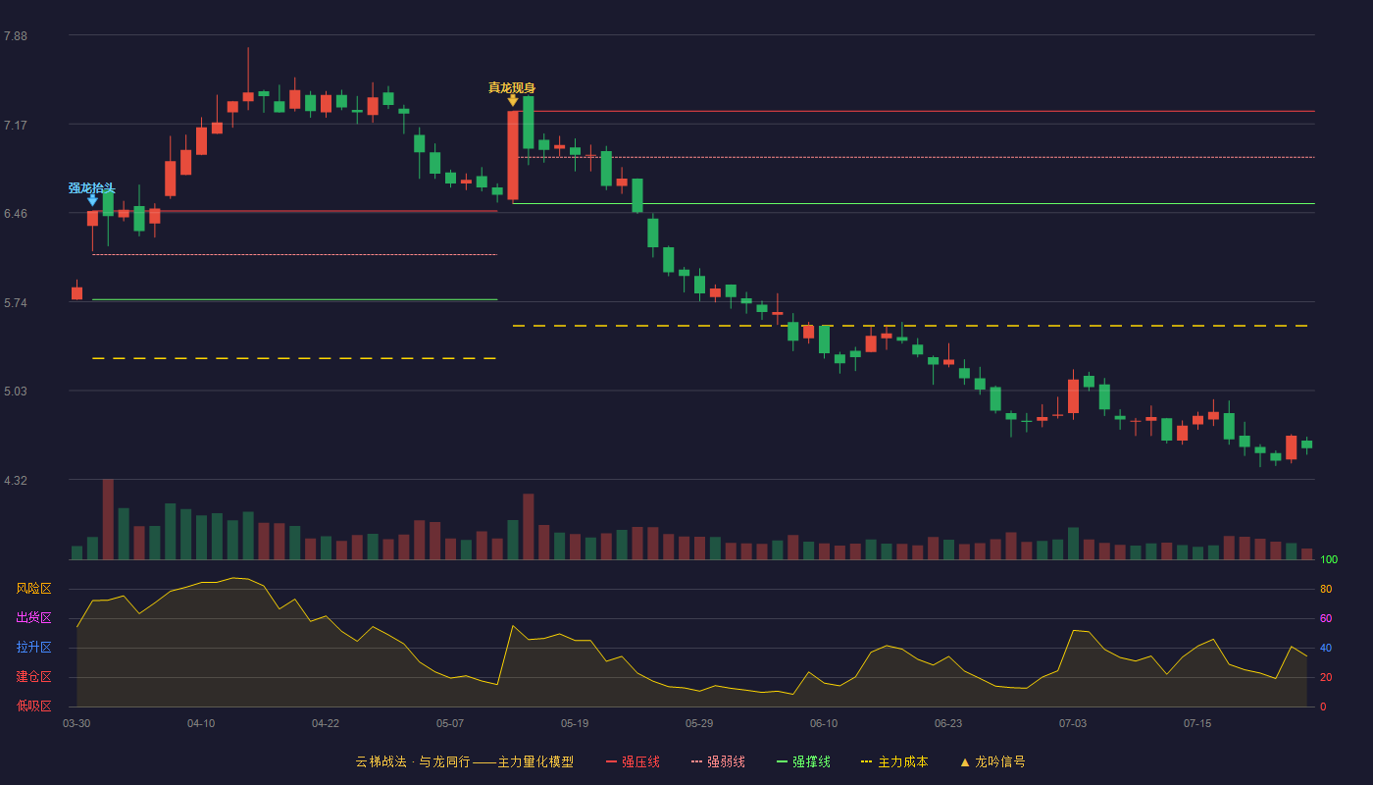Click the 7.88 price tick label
(x=16, y=36)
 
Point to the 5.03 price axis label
(x=16, y=392)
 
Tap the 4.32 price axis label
(x=16, y=480)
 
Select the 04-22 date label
(x=325, y=724)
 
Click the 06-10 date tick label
(x=823, y=724)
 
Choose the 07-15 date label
(x=1197, y=724)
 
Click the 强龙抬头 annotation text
(x=92, y=188)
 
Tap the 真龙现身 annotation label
(x=512, y=87)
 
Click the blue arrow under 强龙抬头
(x=92, y=200)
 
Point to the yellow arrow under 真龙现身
(x=513, y=100)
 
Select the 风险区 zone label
(x=33, y=588)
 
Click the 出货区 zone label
(x=33, y=617)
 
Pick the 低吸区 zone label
(x=33, y=706)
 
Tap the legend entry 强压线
(x=633, y=761)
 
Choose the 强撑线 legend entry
(x=803, y=761)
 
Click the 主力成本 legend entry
(x=894, y=761)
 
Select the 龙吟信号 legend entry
(x=992, y=761)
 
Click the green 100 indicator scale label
(x=1329, y=559)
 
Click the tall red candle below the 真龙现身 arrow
(x=513, y=156)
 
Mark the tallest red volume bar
(x=108, y=519)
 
